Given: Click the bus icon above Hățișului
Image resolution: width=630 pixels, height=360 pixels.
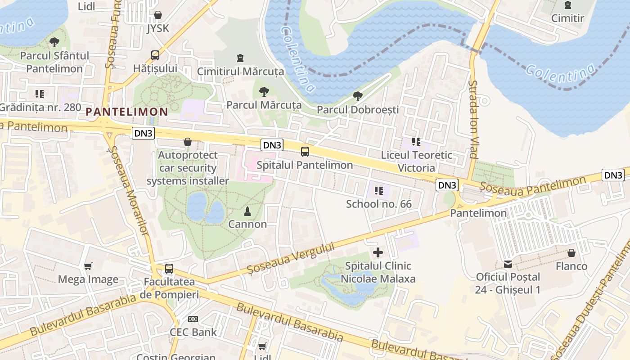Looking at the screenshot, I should [x=155, y=55].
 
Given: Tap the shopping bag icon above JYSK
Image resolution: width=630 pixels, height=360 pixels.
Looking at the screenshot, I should [x=158, y=15].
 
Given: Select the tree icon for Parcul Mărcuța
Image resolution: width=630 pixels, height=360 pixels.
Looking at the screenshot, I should [x=264, y=92].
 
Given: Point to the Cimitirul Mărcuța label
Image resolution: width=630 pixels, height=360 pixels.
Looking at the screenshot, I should [x=240, y=72].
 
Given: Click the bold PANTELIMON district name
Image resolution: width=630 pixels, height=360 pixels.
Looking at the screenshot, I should [x=126, y=111].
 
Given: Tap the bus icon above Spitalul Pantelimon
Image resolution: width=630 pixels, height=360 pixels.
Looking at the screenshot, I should [x=305, y=151].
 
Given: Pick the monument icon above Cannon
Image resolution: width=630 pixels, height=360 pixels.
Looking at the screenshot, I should [x=247, y=211].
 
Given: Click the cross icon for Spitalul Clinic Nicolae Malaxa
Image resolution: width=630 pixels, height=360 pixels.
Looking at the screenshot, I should [x=378, y=252].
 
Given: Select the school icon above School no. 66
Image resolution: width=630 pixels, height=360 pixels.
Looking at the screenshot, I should [x=378, y=191].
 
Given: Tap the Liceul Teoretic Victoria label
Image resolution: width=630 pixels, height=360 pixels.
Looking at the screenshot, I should [x=416, y=161].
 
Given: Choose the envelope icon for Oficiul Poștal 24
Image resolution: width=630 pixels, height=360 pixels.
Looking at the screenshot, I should [x=508, y=264].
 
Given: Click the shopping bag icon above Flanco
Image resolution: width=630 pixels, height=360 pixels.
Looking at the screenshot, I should [x=571, y=253].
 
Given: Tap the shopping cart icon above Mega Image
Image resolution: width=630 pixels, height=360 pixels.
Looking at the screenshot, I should [x=88, y=266].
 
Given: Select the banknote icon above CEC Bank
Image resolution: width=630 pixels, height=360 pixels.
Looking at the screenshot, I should [x=193, y=319].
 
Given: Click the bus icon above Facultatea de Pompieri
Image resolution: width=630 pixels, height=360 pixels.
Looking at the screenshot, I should [x=169, y=269].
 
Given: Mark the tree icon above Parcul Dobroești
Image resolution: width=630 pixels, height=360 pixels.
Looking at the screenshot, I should [x=358, y=96].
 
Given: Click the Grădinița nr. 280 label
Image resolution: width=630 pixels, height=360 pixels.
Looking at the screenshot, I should [x=40, y=107].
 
